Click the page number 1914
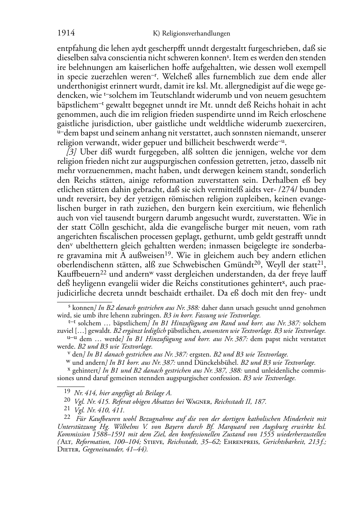click(66, 33)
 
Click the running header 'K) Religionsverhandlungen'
click(191, 34)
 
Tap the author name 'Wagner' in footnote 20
click(199, 402)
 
